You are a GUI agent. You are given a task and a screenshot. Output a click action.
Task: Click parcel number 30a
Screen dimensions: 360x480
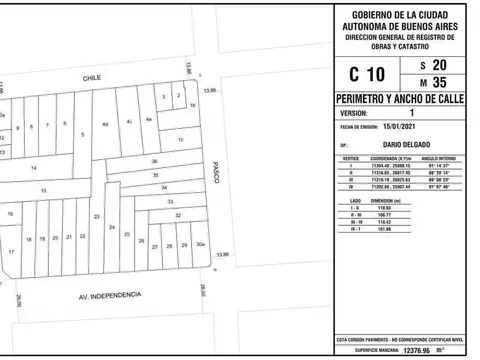pos(200,245)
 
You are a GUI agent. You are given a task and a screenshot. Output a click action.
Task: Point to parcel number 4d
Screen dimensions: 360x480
pos(105,124)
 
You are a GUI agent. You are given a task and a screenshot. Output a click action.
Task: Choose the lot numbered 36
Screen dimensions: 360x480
pos(154,161)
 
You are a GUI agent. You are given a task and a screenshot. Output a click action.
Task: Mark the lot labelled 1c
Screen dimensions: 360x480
pos(181,140)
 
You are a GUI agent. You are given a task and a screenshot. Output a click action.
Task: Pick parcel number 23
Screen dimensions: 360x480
pos(96,216)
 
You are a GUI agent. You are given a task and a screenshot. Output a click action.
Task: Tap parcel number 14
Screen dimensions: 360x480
pos(33,168)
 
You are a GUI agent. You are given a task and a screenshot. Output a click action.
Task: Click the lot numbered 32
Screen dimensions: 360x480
pos(178,215)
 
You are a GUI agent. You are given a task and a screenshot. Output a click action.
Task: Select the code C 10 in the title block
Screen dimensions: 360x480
pos(366,74)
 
